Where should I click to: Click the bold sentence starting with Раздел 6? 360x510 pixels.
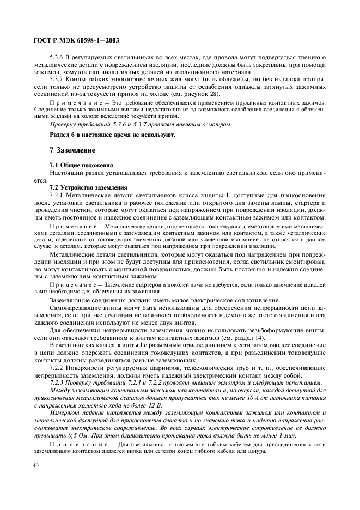pos(113,135)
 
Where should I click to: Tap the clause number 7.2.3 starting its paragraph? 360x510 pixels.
pos(57,382)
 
